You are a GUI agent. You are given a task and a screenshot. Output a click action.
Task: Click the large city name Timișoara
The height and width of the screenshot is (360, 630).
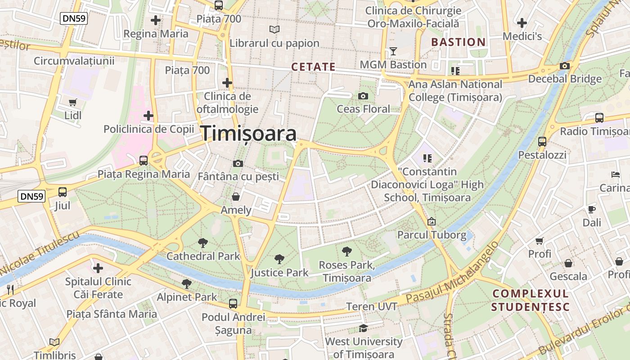pos(248,134)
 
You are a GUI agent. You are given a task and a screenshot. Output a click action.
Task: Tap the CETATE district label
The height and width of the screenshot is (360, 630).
pos(313,67)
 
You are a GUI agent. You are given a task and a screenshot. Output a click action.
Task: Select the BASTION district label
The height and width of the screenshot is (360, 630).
pos(459,42)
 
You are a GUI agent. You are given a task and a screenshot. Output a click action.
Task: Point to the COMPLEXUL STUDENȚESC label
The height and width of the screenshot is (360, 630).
pos(531,300)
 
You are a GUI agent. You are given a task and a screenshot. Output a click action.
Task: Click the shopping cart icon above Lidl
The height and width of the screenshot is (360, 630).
pos(73,102)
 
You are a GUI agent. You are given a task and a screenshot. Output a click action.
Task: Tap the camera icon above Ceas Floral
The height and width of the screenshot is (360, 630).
pos(363,96)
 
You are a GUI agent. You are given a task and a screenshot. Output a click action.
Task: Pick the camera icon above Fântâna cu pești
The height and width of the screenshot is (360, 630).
pos(238,163)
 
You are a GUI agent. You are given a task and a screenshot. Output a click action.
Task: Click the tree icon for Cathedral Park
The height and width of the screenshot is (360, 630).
pos(203,243)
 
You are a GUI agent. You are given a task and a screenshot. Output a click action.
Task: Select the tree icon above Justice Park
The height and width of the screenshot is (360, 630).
pos(279,259)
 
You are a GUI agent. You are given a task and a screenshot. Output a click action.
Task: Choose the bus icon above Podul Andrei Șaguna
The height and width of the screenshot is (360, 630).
pos(233,303)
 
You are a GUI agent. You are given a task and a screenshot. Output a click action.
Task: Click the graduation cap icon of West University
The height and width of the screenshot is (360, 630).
pos(363,328)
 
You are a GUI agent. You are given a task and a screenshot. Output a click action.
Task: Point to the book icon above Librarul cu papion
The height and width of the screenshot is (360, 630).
pos(274,30)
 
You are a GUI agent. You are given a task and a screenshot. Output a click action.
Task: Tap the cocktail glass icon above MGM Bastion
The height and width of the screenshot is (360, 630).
pos(393,51)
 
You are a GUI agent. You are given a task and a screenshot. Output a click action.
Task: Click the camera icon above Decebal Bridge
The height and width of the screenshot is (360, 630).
pos(565,66)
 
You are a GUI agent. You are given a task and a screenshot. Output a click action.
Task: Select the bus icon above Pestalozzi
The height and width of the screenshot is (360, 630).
pos(542,141)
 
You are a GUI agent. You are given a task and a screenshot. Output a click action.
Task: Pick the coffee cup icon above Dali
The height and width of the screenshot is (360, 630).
pos(592,209)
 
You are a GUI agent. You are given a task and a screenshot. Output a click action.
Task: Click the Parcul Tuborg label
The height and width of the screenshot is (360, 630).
pos(432,235)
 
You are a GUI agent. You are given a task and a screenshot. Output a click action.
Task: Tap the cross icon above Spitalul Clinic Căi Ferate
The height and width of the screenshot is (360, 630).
pos(98,268)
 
